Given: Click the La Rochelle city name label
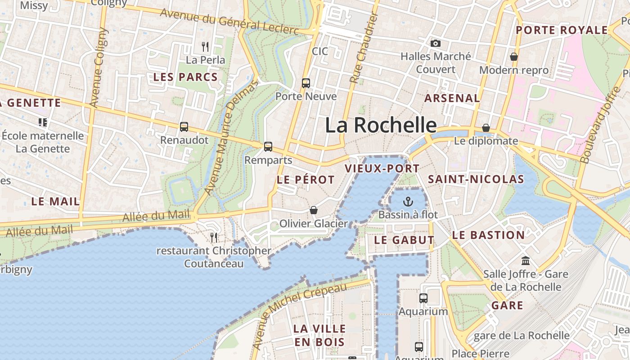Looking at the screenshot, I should [381, 125].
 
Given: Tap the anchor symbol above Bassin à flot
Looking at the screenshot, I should [408, 201].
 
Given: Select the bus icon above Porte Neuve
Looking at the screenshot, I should [306, 83].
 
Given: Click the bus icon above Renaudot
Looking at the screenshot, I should [184, 127].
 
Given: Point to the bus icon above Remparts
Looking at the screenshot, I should [268, 147].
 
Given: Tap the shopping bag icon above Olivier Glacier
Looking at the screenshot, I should [314, 210].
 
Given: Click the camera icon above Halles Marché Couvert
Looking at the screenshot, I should [435, 44].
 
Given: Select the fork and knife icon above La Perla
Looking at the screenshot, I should [205, 46].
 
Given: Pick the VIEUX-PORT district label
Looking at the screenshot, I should [382, 169].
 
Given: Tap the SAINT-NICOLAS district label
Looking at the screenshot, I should [476, 180].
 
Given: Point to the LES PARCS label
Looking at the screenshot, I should [185, 77].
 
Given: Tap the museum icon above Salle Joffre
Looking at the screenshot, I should [525, 261].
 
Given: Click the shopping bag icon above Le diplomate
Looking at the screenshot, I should [486, 128].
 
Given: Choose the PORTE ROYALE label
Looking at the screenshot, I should [562, 30].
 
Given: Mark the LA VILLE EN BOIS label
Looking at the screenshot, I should [319, 335].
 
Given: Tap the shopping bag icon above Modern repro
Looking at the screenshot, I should [513, 57].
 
